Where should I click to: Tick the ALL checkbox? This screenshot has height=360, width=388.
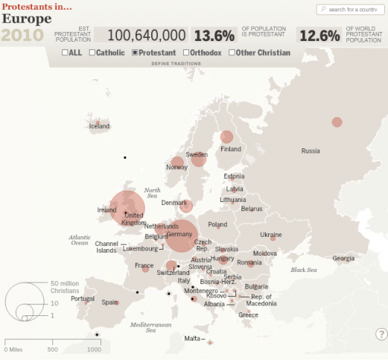pos(66,53)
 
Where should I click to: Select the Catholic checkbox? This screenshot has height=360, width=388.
pos(92,53)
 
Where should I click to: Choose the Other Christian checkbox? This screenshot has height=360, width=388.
pos(232,53)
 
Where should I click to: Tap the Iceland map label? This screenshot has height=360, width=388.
pos(99,126)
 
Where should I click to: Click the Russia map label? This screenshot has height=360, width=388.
pos(310,151)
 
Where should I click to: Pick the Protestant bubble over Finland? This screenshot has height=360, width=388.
pos(226,137)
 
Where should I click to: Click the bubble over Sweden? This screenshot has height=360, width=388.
pos(198,158)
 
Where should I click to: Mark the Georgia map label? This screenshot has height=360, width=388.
pos(343,258)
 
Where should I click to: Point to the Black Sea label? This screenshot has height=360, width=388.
pos(304,270)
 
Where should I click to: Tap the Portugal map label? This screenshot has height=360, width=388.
pos(82,299)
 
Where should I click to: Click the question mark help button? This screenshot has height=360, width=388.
pos(381,334)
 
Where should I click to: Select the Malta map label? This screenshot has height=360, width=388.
pos(191,338)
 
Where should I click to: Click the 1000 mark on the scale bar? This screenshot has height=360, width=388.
pos(94,349)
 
